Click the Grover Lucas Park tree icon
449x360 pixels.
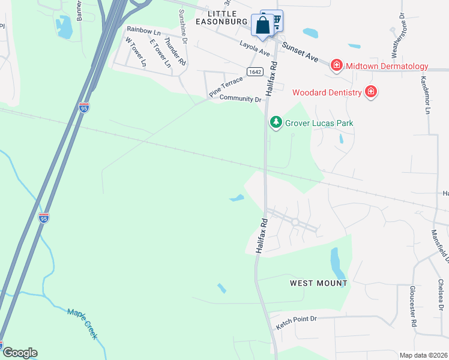pos(276,122)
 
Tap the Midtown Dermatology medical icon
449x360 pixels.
pos(337,65)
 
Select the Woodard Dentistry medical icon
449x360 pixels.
pos(371,92)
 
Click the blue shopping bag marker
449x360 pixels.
pos(262,26)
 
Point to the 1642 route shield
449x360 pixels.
pos(255,71)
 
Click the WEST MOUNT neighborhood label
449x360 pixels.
pos(318,283)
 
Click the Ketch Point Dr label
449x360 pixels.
pos(295,322)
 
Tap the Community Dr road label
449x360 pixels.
pos(241,98)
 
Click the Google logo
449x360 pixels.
pos(20,353)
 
